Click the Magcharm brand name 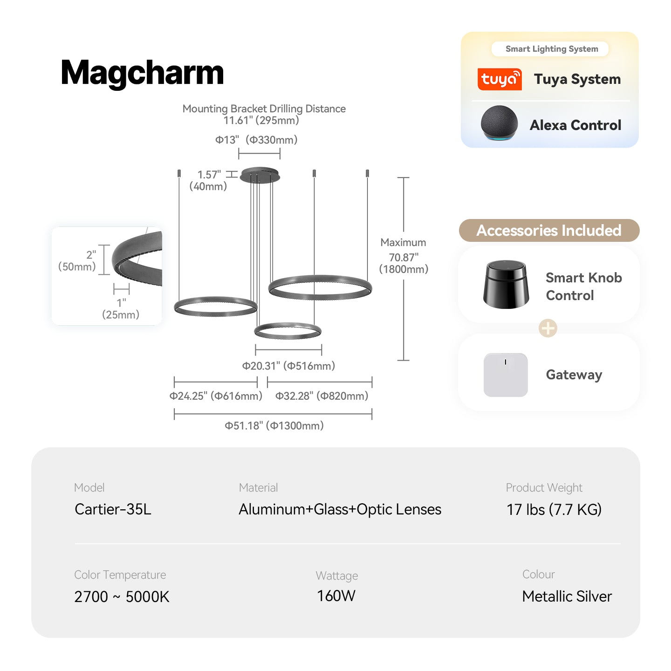(142, 73)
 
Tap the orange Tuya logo (500, 79)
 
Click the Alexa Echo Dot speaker (499, 123)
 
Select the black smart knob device (506, 284)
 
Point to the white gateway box (506, 375)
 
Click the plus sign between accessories (548, 328)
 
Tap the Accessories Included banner (549, 230)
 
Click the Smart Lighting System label (552, 49)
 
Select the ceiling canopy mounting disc (260, 175)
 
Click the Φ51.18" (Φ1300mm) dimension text (274, 425)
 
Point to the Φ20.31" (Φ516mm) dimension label (288, 366)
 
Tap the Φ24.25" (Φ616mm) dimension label (216, 396)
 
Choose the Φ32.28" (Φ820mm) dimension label (322, 396)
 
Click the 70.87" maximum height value (404, 257)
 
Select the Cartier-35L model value (113, 509)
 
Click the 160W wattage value (336, 596)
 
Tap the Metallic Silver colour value (567, 596)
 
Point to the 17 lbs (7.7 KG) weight (554, 509)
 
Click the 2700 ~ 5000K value (122, 596)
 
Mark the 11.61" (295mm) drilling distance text (261, 121)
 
